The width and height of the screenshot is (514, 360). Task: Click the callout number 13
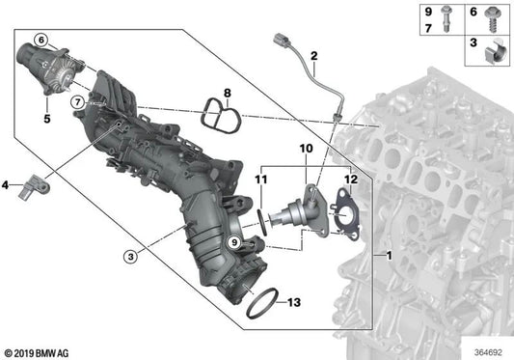point(294,302)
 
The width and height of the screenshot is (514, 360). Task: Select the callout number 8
point(228,94)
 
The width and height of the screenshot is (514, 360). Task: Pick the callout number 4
point(6,184)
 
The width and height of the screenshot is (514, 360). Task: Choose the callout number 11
point(258,180)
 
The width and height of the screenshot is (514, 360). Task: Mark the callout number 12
point(350,180)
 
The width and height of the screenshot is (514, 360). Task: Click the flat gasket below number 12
point(341,213)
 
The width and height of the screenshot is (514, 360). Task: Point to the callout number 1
point(388,256)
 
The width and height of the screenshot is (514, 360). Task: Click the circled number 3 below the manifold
point(128,256)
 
